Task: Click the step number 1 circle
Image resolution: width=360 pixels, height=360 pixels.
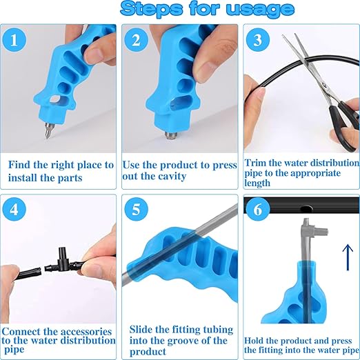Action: tap(14, 40)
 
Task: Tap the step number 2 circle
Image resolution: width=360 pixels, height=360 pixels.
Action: tap(136, 40)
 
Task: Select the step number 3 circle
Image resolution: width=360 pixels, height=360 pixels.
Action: tap(258, 40)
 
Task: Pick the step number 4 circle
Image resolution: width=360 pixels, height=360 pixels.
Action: tap(14, 209)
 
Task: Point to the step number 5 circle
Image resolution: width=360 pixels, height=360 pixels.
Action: tap(136, 209)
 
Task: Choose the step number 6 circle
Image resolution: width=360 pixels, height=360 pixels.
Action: tap(258, 209)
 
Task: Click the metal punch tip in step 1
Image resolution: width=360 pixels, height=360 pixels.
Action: tap(48, 131)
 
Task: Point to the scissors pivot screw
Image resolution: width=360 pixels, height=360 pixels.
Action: tap(324, 85)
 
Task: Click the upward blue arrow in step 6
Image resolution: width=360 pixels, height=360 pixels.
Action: tap(348, 257)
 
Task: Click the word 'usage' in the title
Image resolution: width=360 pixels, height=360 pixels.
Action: tap(260, 10)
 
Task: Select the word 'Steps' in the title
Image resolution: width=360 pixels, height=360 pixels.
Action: tap(152, 9)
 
